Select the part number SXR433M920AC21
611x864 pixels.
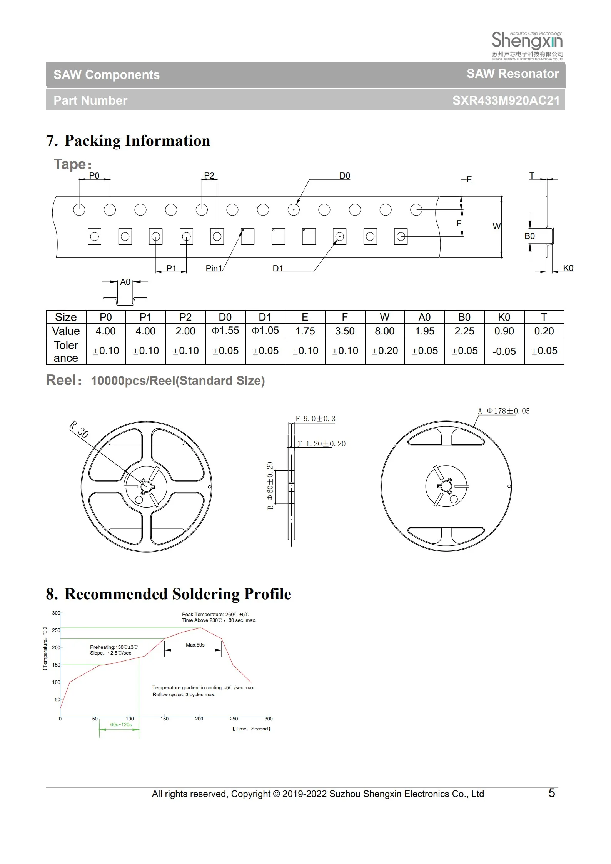point(506,100)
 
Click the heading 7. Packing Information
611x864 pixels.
point(128,141)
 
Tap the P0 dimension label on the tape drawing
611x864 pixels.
point(94,176)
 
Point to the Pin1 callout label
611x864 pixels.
point(214,268)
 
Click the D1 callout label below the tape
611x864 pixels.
point(278,268)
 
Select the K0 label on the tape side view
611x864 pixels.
point(568,268)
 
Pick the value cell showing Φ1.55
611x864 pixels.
point(225,331)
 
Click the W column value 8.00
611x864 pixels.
point(384,331)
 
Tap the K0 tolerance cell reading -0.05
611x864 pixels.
point(504,351)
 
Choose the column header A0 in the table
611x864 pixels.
point(424,317)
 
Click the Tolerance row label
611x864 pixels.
point(66,351)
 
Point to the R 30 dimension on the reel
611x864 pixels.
point(79,429)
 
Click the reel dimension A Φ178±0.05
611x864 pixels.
point(504,411)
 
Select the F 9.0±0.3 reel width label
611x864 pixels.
point(315,419)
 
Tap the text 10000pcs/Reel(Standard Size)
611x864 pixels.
point(178,381)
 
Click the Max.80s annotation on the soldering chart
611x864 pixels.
point(195,645)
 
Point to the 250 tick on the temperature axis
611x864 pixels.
point(56,630)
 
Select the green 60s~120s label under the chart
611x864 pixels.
point(121,724)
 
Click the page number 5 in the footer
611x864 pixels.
point(551,793)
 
